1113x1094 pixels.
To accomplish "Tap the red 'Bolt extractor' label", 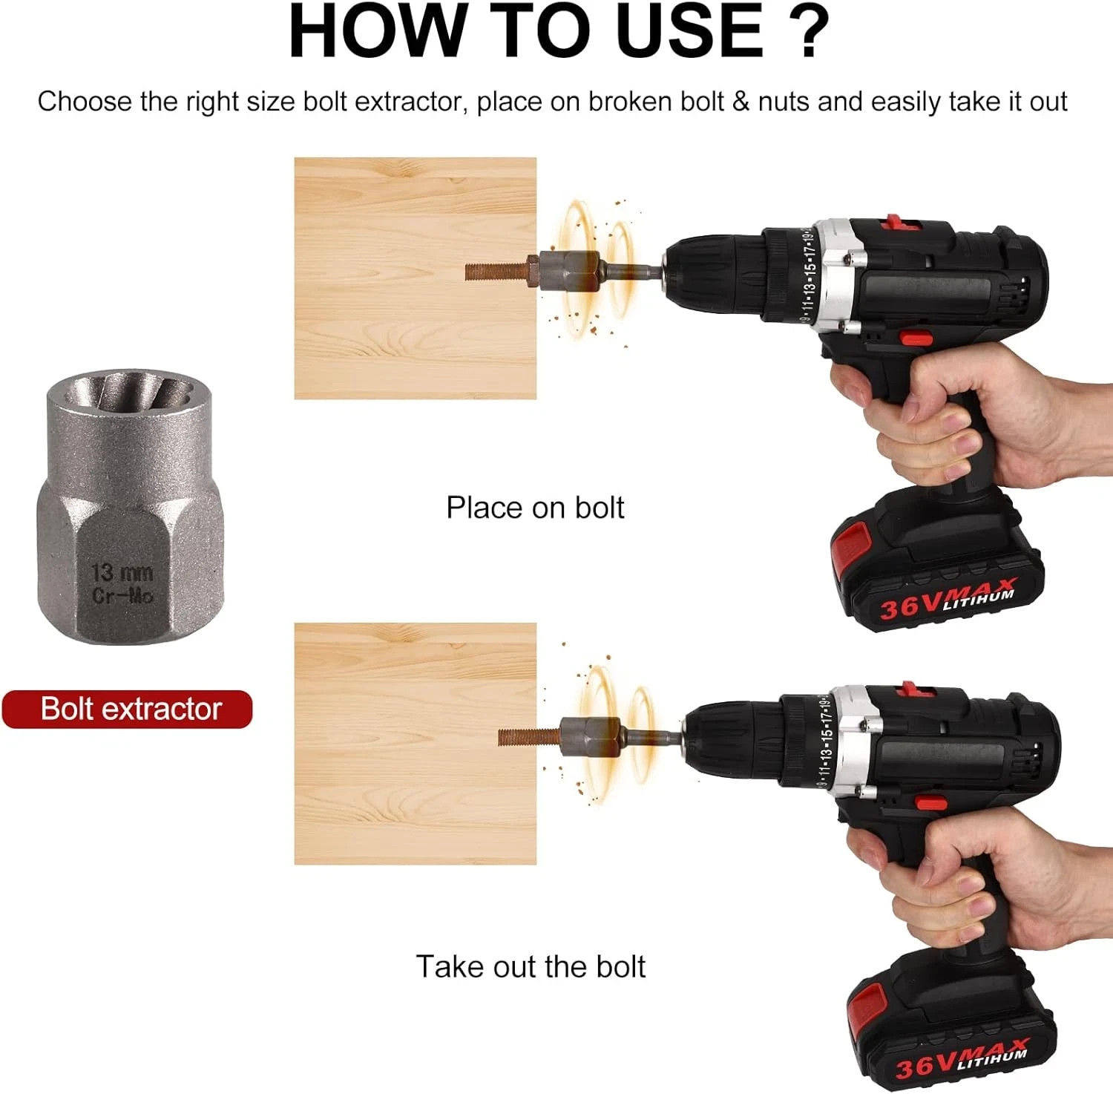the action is [128, 709].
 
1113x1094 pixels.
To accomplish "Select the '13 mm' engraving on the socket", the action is [122, 572].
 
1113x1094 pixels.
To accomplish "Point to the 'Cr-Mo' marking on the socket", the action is [122, 595].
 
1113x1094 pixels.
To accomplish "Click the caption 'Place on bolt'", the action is [535, 508].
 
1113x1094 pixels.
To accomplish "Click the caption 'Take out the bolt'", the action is [531, 966].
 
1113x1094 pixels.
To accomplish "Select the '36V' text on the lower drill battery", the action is [925, 1066].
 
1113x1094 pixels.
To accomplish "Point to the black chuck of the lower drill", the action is [732, 738].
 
